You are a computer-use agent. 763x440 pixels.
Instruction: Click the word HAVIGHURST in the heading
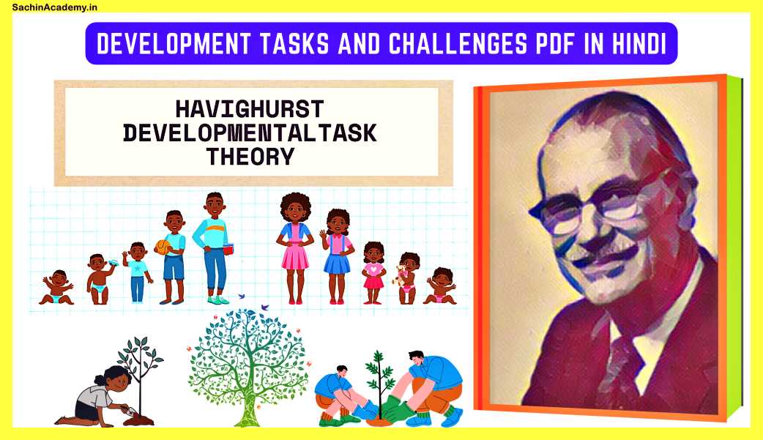pyautogui.click(x=249, y=110)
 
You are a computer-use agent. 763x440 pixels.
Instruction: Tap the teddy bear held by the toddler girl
pyautogui.click(x=399, y=276)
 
